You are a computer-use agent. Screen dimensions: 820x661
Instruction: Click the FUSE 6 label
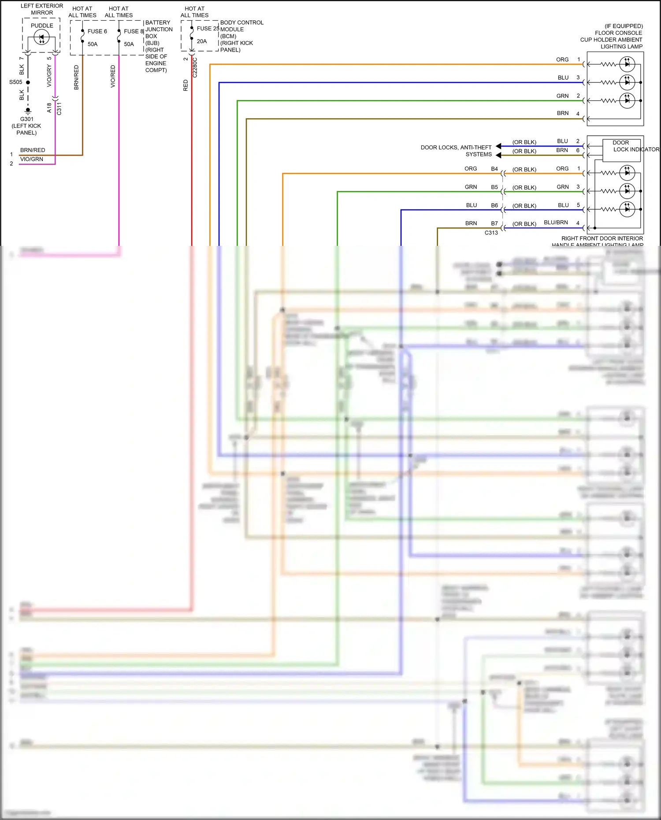97,31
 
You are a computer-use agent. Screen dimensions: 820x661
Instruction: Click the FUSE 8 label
134,31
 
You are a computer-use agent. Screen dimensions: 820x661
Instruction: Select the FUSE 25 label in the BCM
208,28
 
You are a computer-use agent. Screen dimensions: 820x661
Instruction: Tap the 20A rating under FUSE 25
202,41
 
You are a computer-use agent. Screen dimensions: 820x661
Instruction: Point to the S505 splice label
15,82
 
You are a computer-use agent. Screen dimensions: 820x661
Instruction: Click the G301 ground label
26,119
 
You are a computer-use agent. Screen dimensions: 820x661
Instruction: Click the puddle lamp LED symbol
41,38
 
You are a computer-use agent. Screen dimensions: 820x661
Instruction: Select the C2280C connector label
195,68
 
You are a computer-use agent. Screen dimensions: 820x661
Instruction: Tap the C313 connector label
491,233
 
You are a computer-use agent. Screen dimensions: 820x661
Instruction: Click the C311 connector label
59,108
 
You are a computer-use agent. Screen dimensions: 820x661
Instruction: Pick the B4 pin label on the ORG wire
494,169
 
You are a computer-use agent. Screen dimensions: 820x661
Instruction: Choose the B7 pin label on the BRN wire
494,223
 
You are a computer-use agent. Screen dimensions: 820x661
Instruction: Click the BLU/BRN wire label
556,223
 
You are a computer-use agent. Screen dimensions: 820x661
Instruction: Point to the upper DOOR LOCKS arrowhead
498,146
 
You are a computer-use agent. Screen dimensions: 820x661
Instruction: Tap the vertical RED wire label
186,85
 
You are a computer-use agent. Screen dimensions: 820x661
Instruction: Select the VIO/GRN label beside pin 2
32,159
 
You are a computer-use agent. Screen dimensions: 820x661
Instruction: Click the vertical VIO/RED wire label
113,76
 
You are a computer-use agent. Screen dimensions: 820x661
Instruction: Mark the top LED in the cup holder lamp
627,64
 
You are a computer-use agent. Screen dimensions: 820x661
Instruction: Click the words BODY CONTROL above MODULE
241,22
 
